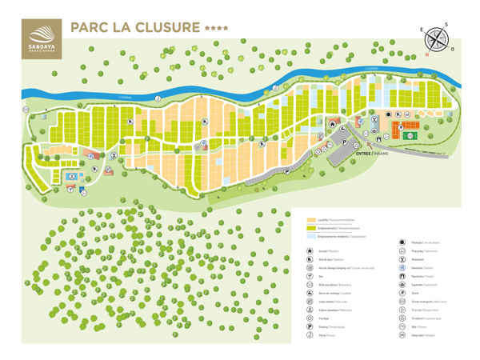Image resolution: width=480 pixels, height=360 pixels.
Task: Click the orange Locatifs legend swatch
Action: pos(312,220)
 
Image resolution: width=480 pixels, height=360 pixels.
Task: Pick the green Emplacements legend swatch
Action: pos(312,228)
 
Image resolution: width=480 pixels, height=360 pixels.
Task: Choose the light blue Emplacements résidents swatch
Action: pos(312,237)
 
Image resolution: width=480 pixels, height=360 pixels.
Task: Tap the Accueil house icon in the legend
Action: pos(310,251)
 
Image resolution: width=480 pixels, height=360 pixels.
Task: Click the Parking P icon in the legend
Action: pos(310,326)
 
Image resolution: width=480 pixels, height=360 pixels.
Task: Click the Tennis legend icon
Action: pos(402,294)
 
